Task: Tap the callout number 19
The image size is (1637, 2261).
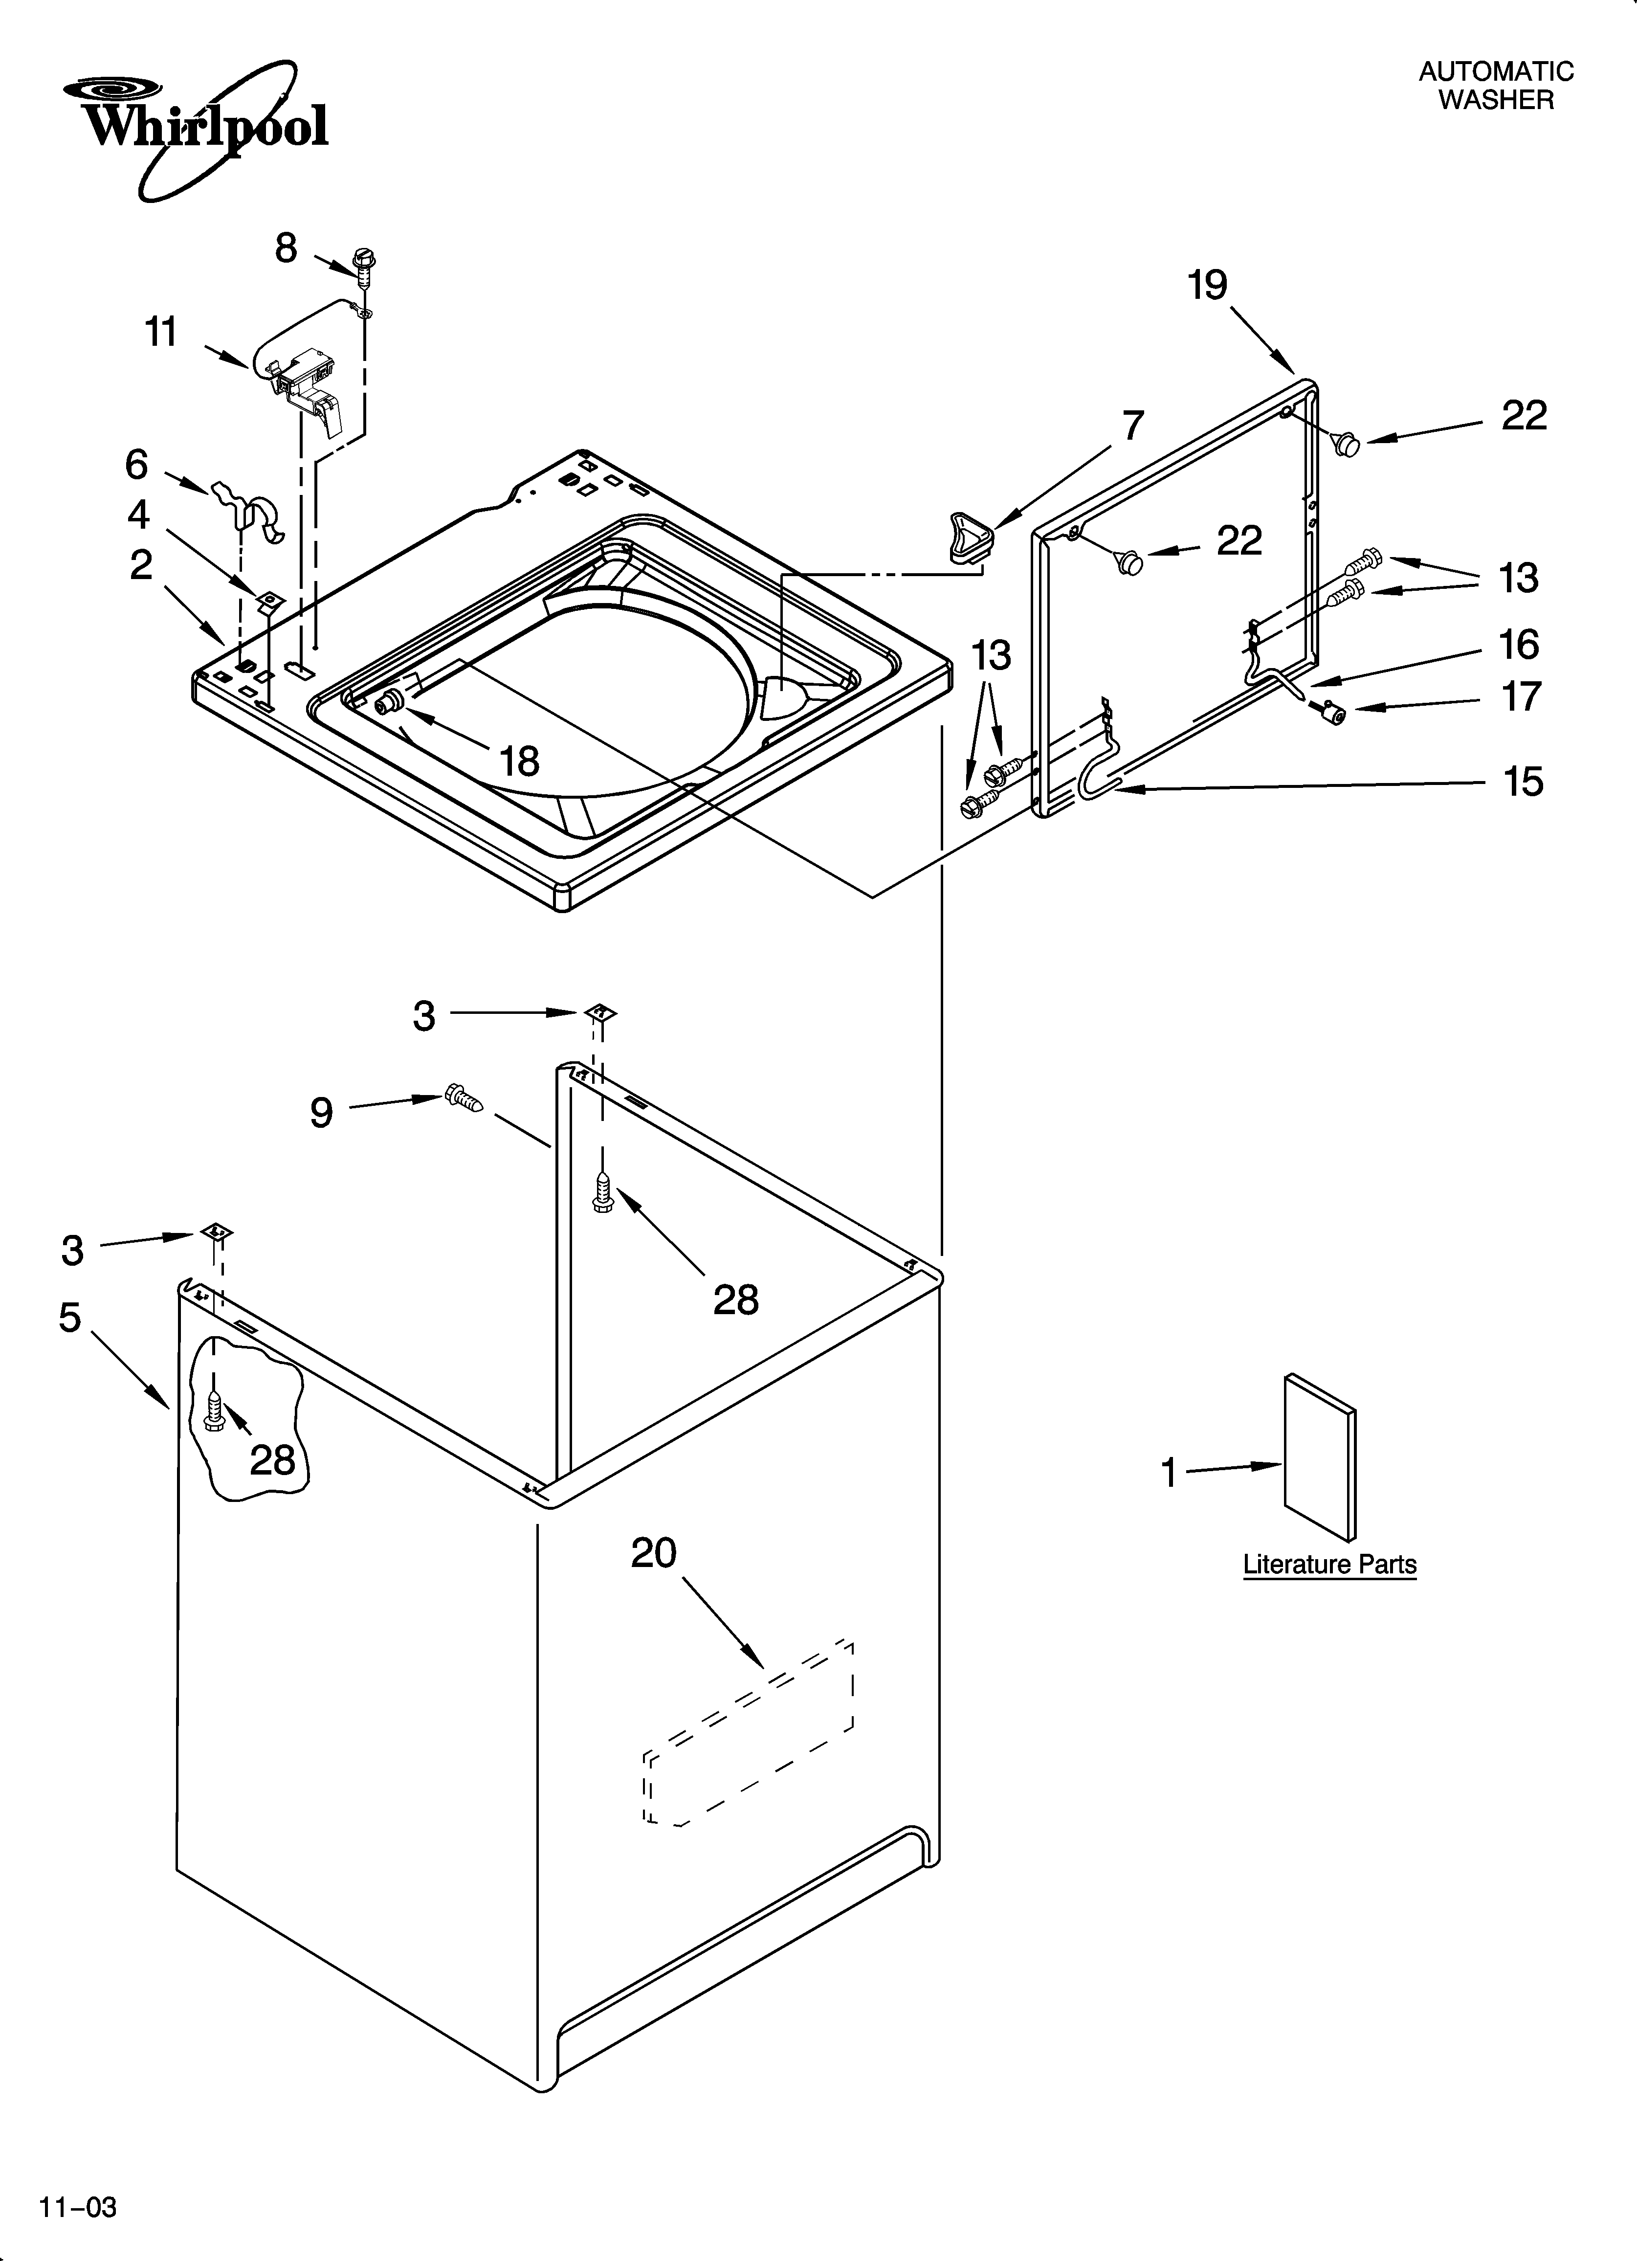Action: [x=1207, y=286]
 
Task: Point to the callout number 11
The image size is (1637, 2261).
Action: [x=161, y=332]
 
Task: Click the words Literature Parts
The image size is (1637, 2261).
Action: [x=1329, y=1564]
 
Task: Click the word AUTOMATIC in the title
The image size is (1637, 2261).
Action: [x=1495, y=72]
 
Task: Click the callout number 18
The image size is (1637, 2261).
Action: [x=519, y=761]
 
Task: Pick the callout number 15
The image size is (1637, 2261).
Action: [x=1523, y=782]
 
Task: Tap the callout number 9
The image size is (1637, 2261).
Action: [x=321, y=1112]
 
